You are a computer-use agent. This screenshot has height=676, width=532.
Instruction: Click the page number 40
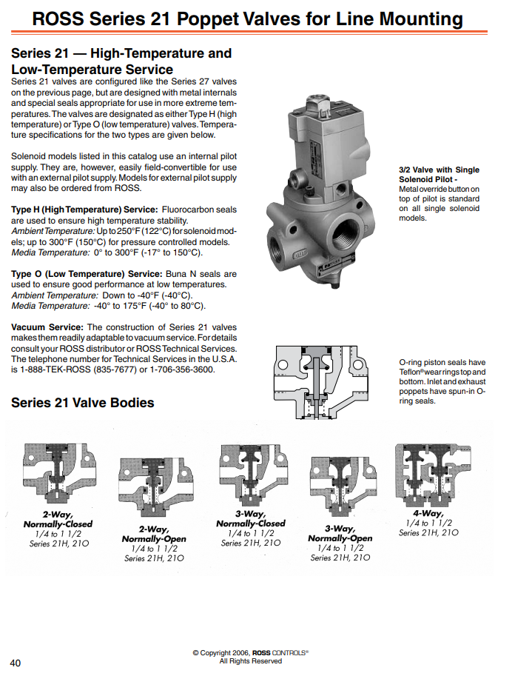click(x=15, y=663)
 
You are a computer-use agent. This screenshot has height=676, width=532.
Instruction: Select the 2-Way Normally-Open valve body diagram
click(x=155, y=487)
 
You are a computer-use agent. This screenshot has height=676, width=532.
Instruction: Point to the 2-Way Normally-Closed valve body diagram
click(x=59, y=473)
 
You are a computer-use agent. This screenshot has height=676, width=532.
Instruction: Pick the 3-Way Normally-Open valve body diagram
click(x=343, y=486)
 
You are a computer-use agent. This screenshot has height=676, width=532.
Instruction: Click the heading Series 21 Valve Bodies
click(x=83, y=403)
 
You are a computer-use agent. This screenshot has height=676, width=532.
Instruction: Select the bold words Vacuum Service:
click(x=47, y=327)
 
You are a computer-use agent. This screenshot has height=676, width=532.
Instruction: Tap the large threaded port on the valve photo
click(x=346, y=231)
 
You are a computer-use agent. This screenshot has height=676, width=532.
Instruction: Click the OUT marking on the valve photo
click(x=300, y=255)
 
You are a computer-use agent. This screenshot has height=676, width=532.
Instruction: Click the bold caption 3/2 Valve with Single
click(x=439, y=170)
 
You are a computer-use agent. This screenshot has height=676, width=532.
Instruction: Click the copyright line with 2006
click(x=250, y=653)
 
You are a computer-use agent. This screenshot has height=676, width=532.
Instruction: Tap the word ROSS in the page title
click(x=58, y=19)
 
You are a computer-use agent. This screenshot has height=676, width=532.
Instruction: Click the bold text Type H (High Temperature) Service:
click(x=84, y=210)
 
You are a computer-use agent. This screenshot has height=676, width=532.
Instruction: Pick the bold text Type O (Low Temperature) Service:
click(x=87, y=274)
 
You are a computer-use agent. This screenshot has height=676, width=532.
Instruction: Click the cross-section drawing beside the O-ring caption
click(x=321, y=382)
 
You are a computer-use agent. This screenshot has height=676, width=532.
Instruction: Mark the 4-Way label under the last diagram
click(x=428, y=513)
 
